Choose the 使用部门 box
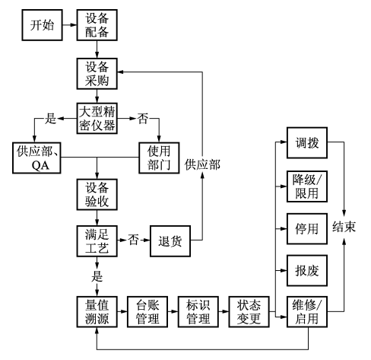click(160, 158)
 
